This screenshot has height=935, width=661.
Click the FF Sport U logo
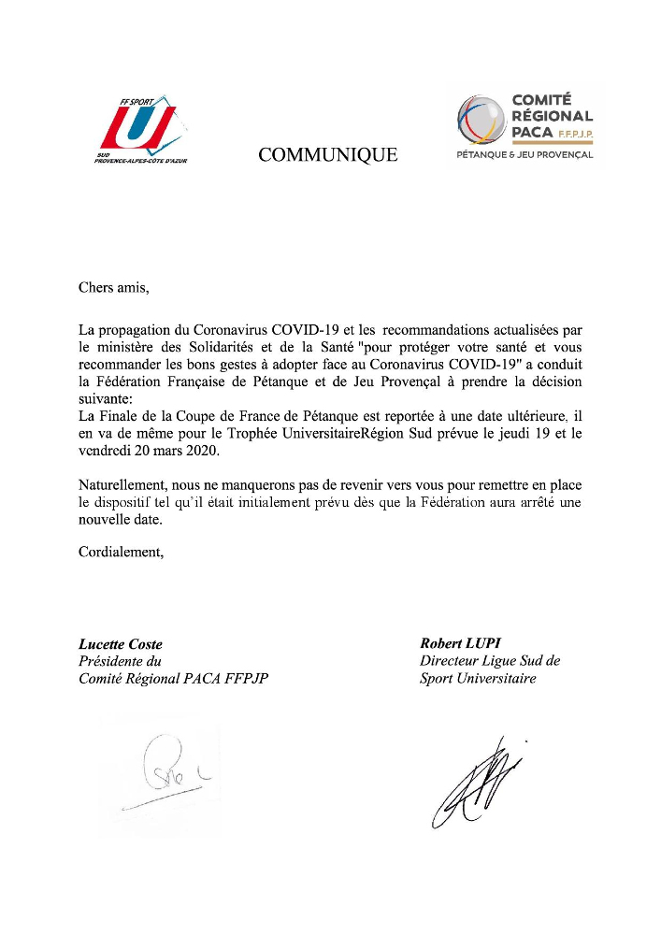(134, 129)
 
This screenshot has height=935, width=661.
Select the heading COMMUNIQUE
(327, 155)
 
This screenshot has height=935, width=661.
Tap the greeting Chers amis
(113, 287)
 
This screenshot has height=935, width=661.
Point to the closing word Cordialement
(121, 552)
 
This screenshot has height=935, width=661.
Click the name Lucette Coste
(120, 644)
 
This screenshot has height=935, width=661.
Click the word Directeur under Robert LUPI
(451, 660)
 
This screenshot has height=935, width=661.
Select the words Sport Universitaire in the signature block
(478, 678)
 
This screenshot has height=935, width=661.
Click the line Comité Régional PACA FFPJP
(173, 679)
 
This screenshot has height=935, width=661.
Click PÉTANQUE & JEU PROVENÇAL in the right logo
(524, 154)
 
